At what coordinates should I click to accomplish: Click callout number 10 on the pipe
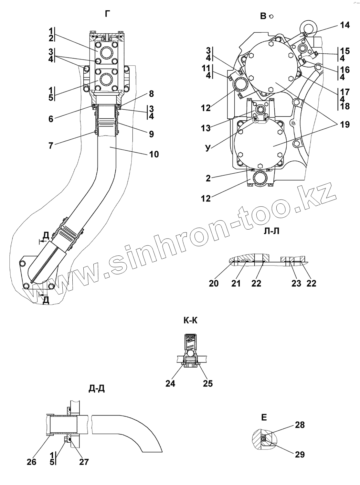pos(154,154)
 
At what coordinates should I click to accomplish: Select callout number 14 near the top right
pos(344,25)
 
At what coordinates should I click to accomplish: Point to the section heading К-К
pos(190,320)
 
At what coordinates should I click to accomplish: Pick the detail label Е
pos(264,417)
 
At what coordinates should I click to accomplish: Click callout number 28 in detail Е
pos(300,425)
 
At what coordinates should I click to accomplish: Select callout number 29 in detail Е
pos(300,454)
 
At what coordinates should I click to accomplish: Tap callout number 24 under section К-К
pos(170,383)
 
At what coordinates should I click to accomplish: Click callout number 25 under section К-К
pos(208,383)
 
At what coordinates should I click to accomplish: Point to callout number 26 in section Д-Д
pos(32,462)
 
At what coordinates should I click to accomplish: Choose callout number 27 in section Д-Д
pos(84,462)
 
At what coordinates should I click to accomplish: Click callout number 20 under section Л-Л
pos(214,283)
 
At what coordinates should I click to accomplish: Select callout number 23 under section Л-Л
pos(296,283)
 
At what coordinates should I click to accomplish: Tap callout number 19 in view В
pos(344,124)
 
